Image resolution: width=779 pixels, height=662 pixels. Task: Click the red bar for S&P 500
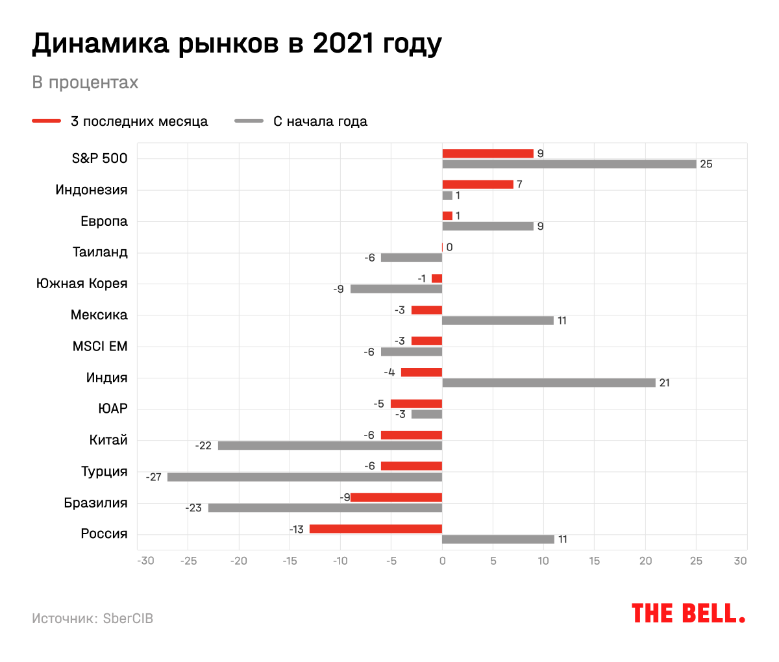click(488, 154)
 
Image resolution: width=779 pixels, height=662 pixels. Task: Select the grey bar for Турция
click(304, 477)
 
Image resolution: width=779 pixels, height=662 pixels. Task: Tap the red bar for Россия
click(376, 529)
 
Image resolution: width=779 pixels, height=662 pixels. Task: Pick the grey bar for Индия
click(549, 383)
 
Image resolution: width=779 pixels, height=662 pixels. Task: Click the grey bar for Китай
click(330, 446)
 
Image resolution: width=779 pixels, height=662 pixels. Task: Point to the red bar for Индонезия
click(478, 184)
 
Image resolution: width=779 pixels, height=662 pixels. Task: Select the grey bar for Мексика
click(498, 321)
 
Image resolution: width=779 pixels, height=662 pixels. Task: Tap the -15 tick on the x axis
click(290, 561)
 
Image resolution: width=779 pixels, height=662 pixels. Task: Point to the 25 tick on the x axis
click(696, 561)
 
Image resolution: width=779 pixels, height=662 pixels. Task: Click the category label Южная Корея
click(82, 284)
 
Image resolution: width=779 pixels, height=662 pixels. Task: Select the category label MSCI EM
click(100, 347)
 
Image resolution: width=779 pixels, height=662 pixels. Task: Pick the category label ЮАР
click(113, 409)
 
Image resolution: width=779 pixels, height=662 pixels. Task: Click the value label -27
click(154, 477)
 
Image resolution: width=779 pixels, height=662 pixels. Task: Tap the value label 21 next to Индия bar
click(664, 383)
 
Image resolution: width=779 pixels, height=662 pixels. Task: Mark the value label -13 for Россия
click(297, 530)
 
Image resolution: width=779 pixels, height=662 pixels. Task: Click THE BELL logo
click(688, 613)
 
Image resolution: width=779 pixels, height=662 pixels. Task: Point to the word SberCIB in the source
click(128, 619)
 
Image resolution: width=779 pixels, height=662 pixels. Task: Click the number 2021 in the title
click(341, 44)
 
